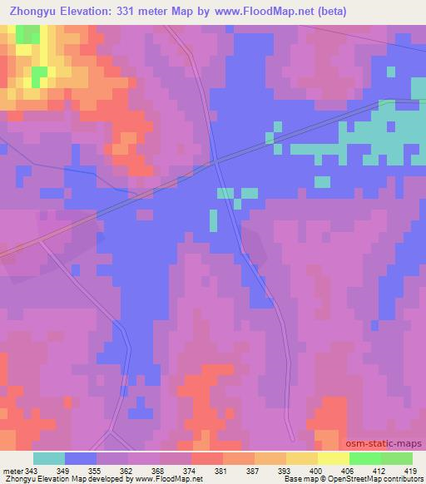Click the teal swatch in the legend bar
pos(49,458)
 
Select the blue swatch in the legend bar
pos(81,458)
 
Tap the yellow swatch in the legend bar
pos(301,458)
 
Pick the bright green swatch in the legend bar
pos(364,458)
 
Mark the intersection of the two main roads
pos(215,161)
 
